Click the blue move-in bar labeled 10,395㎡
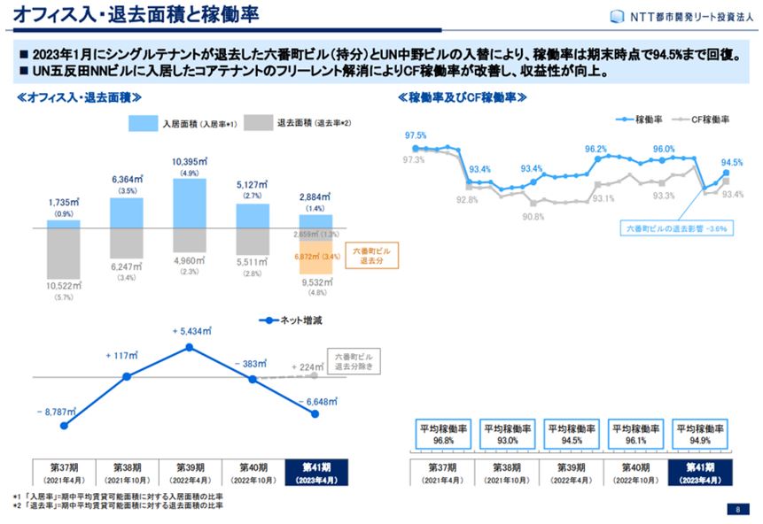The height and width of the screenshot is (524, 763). (190, 203)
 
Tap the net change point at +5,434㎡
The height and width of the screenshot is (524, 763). (190, 347)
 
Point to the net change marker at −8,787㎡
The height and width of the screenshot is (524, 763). (64, 425)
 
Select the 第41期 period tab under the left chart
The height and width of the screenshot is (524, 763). (316, 471)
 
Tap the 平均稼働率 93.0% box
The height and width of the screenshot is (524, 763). (505, 432)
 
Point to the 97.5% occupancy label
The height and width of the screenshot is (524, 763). (415, 135)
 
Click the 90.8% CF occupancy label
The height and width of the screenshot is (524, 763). (533, 216)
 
